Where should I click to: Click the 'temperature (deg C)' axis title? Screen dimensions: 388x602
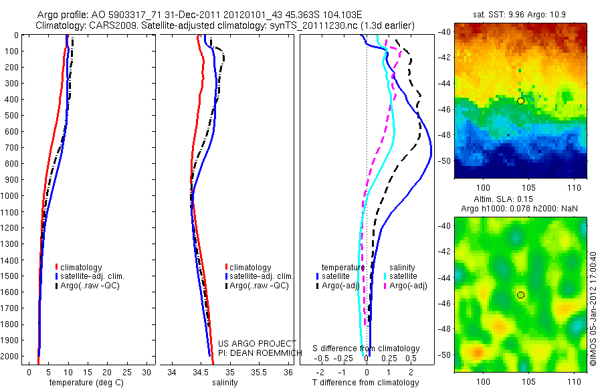click(84, 383)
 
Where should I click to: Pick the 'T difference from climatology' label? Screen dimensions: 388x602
click(367, 383)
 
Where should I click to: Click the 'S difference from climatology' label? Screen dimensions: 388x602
click(367, 349)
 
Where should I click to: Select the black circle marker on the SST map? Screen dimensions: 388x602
click(520, 100)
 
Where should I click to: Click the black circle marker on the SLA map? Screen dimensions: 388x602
click(520, 294)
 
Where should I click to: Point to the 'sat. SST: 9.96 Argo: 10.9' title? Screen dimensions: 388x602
click(520, 14)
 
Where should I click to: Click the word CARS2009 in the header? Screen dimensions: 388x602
click(106, 25)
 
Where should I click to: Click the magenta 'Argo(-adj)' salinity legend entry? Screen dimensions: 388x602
click(407, 286)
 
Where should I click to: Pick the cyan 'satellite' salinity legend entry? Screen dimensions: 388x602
click(403, 276)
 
